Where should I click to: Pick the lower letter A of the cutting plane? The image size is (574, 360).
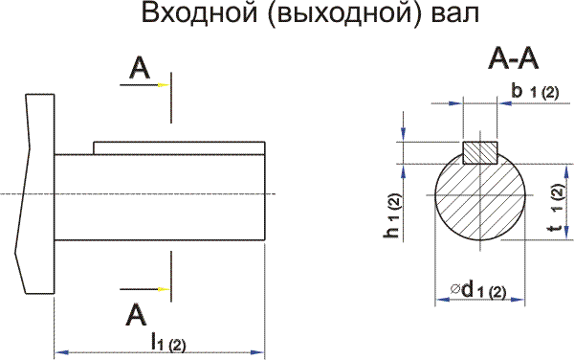click(137, 314)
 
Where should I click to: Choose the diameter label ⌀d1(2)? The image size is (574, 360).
click(477, 290)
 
